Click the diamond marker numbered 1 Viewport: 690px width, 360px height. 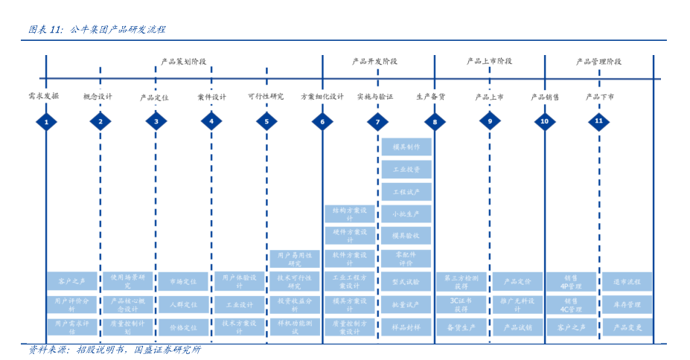click(x=46, y=121)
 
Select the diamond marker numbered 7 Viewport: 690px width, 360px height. click(x=377, y=121)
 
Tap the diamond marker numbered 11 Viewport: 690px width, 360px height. click(x=599, y=121)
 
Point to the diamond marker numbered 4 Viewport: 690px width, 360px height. click(x=211, y=121)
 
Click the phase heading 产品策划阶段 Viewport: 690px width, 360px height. click(x=184, y=62)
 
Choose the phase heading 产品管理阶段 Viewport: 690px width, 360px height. click(x=598, y=62)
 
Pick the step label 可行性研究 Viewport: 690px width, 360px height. click(x=266, y=97)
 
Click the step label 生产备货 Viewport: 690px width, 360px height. click(x=431, y=97)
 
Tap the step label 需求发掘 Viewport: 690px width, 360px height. click(x=43, y=97)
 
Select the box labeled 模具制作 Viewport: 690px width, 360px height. click(x=406, y=147)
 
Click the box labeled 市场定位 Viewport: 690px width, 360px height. click(x=183, y=282)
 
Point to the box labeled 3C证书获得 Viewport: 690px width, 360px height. click(x=461, y=304)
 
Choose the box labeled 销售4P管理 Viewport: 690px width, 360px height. click(x=571, y=282)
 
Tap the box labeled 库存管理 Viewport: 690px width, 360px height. click(x=627, y=304)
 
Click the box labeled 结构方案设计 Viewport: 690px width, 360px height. click(x=350, y=214)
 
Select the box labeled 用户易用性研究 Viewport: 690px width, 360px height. click(x=295, y=259)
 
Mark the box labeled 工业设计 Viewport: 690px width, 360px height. click(x=240, y=304)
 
